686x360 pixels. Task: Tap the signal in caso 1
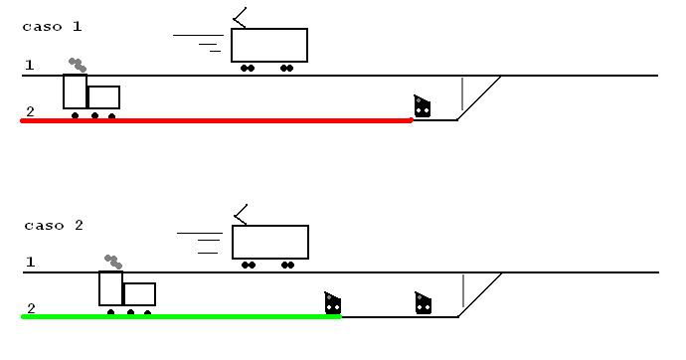point(423,106)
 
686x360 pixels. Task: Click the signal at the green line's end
point(333,303)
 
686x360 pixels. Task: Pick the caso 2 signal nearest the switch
point(423,303)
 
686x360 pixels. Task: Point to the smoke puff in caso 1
point(77,65)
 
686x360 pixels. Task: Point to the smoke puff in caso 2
point(112,262)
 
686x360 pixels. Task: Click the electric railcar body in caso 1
point(269,46)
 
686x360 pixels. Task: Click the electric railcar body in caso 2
point(270,243)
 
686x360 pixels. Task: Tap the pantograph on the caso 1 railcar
point(239,18)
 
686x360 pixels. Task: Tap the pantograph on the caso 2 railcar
point(239,214)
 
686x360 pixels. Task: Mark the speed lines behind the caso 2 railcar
point(202,241)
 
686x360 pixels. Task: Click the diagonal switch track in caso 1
point(479,97)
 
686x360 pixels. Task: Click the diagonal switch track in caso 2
point(479,294)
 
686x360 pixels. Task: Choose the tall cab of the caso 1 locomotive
point(75,91)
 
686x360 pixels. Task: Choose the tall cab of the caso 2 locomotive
point(110,288)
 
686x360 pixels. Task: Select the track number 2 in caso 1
point(30,111)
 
